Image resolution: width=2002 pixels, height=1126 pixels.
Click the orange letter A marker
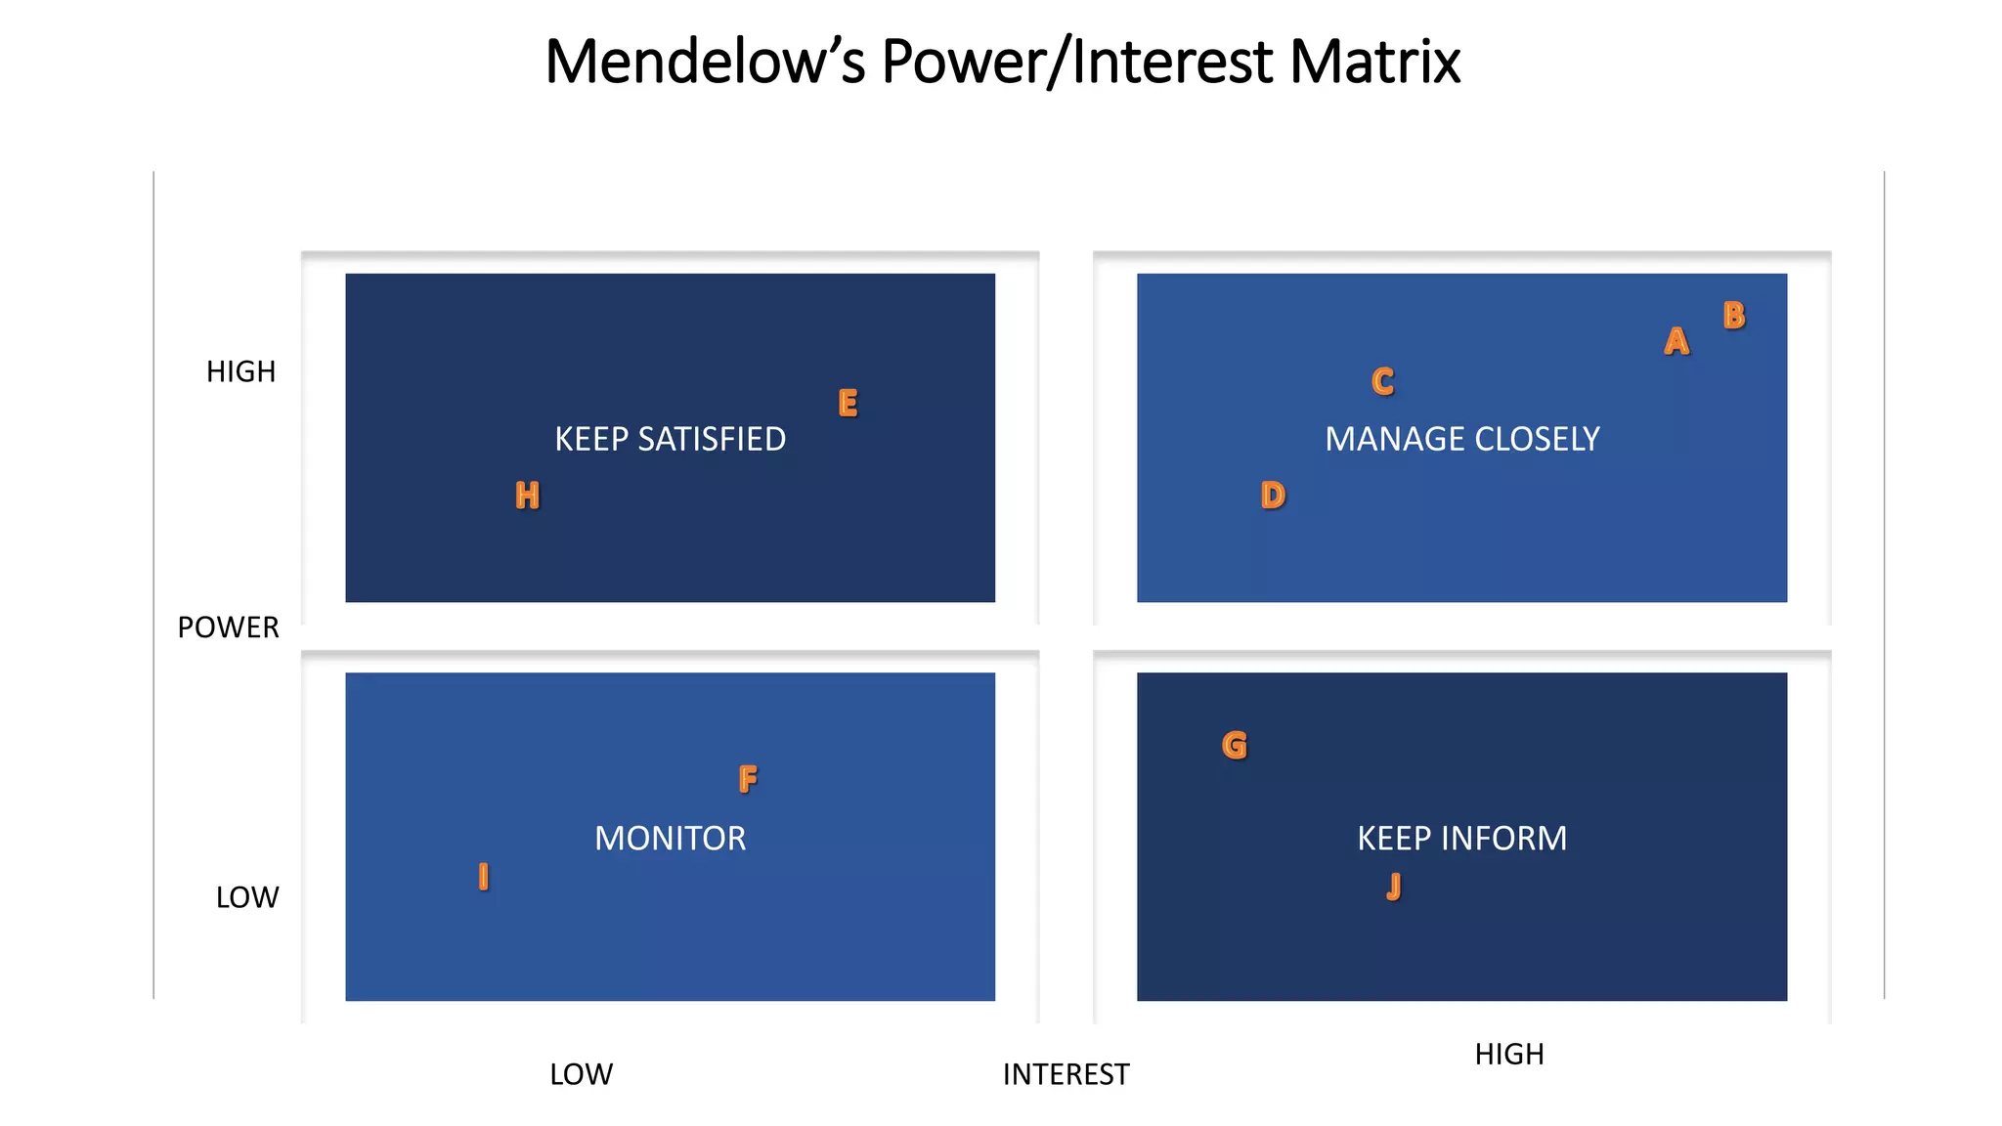point(1676,341)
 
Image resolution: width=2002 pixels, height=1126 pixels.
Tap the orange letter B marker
point(1734,315)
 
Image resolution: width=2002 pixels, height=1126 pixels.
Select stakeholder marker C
point(1382,380)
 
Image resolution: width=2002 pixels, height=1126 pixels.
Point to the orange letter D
point(1273,496)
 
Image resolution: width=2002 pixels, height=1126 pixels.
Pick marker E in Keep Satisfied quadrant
point(848,403)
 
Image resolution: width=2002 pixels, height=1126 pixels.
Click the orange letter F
point(748,779)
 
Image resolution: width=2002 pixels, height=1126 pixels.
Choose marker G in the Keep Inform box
point(1235,745)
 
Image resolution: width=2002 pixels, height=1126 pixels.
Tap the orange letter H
point(527,496)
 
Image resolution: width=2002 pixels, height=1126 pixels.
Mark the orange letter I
point(483,876)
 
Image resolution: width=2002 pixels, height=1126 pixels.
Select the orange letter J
point(1394,887)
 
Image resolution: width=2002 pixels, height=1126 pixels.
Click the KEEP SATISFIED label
point(670,439)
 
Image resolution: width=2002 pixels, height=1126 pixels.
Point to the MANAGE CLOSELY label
point(1461,439)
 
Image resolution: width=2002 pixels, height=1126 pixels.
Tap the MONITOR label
point(670,838)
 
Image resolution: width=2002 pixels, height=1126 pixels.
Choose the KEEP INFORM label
point(1461,838)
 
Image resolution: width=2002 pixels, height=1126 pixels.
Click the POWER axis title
point(228,627)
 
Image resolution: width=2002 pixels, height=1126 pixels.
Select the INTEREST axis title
point(1066,1074)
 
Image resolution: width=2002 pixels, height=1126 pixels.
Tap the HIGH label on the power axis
point(240,371)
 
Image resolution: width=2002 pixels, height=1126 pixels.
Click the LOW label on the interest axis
point(581,1074)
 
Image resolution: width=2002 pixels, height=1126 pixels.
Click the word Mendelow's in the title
point(705,61)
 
